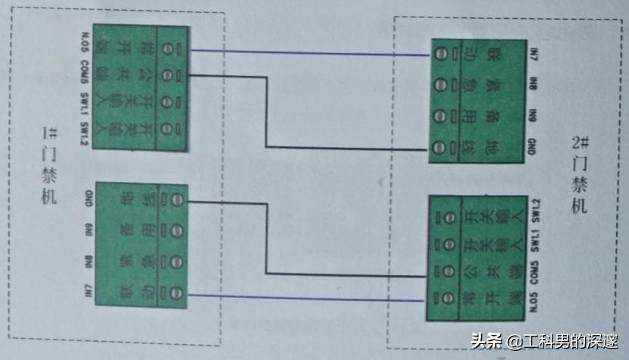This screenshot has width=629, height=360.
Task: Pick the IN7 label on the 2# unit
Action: tap(533, 55)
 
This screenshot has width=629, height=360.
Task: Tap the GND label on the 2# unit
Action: tap(533, 144)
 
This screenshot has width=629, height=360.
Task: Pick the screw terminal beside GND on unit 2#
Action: tap(440, 146)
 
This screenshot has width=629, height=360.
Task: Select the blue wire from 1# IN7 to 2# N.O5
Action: tap(303, 296)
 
